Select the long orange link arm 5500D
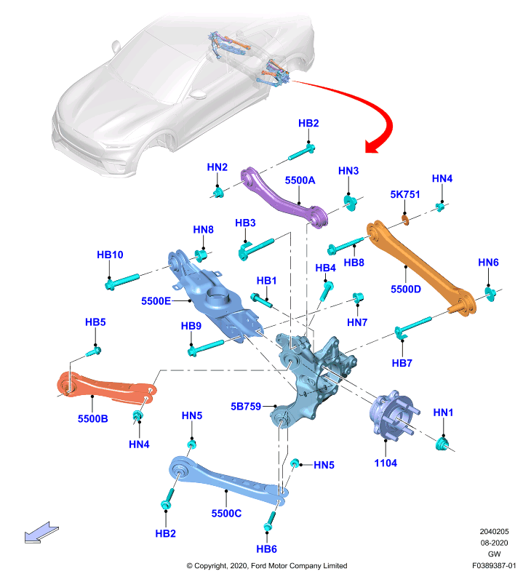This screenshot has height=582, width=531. (419, 266)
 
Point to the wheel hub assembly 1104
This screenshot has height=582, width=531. (394, 415)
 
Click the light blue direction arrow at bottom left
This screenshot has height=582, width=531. (41, 533)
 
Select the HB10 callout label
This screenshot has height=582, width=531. (110, 255)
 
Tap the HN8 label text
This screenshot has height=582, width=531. (204, 229)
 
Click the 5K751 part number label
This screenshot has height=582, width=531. (405, 194)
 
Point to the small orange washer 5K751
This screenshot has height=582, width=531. (406, 220)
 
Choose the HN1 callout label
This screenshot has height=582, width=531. (443, 412)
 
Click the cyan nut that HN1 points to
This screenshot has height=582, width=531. (442, 444)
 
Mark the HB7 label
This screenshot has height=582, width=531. (402, 362)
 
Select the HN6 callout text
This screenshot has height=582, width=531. (488, 263)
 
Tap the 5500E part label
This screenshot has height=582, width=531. (156, 300)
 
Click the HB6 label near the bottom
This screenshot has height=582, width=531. (266, 549)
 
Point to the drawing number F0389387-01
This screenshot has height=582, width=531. (494, 566)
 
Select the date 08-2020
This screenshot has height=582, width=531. (494, 543)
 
